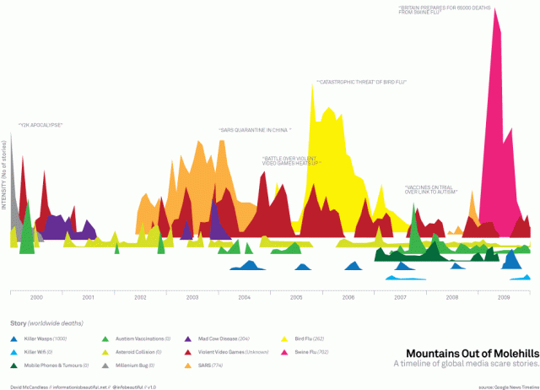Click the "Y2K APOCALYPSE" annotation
[40, 125]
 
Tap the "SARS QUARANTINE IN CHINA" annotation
[255, 130]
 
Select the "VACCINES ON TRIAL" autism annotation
[430, 189]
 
